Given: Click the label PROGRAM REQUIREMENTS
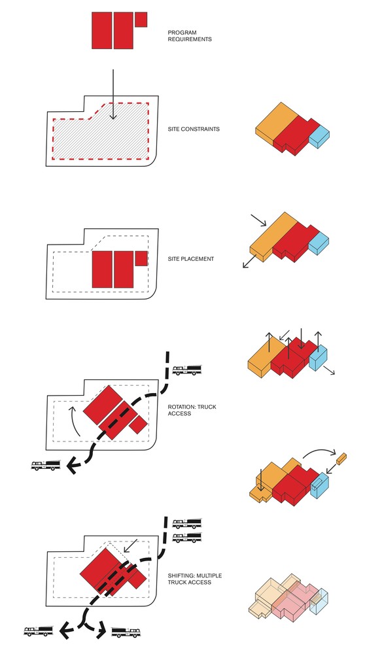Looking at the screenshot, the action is pos(190,36).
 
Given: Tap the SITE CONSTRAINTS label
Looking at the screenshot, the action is pos(194,129).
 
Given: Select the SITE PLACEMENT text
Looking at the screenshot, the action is pos(190,259).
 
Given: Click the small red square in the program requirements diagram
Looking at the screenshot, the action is pos(141,20).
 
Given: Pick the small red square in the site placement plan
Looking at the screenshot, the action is pos(141,258).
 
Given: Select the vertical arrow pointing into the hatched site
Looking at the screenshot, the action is pos(113,95).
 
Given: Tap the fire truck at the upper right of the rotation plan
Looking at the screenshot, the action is pos(187,370).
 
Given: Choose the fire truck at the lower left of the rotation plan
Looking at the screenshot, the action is pos(46,465).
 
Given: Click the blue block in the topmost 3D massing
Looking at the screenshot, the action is pos(319,137).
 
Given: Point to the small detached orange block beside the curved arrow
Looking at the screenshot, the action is pos(341,459).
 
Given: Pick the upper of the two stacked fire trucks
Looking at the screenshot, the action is pos(187,523).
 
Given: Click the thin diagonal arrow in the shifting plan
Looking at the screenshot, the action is pos(131,545).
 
